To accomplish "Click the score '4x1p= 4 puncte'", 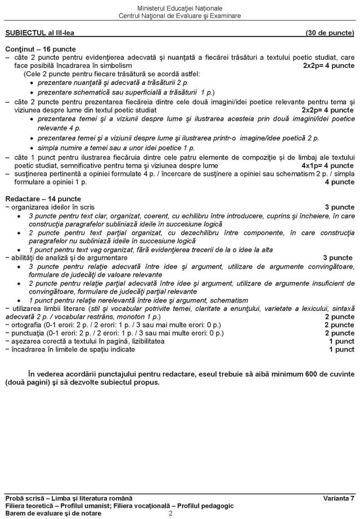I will click(x=328, y=165).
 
